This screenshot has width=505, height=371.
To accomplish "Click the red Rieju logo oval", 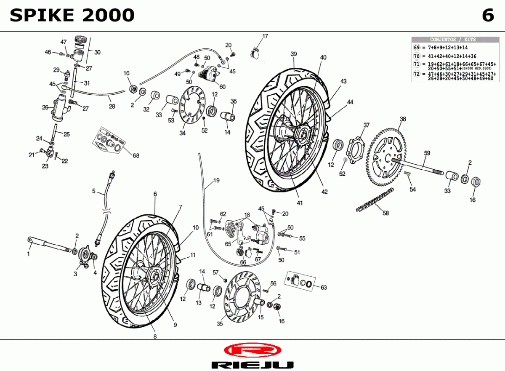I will coord(252,350).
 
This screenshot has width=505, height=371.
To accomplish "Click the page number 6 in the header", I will coord(488,16).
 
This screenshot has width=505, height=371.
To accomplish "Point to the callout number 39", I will coord(294,54).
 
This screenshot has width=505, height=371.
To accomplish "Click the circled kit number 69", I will coord(417,48).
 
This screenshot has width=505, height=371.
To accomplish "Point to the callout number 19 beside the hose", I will coord(216,181).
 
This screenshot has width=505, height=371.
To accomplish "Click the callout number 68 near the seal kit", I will coord(136,155).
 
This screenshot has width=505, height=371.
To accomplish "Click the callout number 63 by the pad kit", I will coord(323,288).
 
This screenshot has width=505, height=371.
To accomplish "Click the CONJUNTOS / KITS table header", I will coord(453,40).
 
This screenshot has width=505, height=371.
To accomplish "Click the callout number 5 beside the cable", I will coord(94,191).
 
